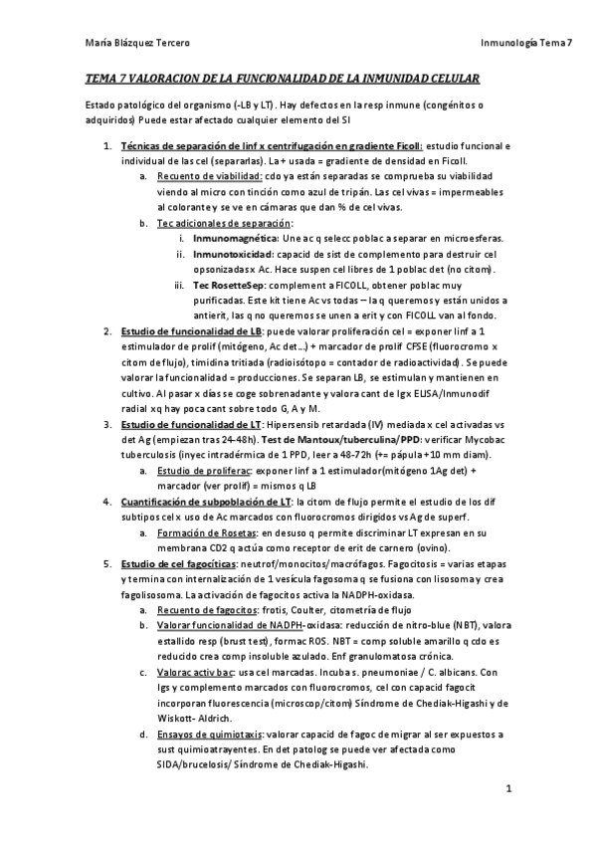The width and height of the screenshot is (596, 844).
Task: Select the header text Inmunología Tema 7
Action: [x=525, y=43]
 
